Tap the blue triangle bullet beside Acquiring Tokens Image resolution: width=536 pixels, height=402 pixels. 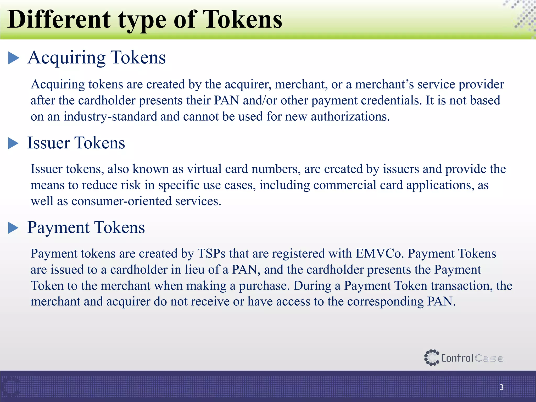[x=14, y=58]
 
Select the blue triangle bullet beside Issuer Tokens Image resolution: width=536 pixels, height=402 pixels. [x=13, y=143]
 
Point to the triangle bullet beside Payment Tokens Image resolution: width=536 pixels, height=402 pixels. [x=13, y=228]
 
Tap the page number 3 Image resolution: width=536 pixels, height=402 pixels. [x=501, y=387]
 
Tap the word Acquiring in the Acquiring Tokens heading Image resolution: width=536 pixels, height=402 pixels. [x=67, y=58]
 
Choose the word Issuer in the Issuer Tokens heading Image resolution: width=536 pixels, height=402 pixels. [x=49, y=143]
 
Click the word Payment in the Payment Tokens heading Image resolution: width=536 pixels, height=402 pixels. [x=58, y=227]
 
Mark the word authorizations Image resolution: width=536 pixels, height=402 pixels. [x=350, y=116]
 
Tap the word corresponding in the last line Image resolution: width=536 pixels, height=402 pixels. [x=385, y=301]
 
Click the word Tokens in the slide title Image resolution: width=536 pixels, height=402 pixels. [x=242, y=20]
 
